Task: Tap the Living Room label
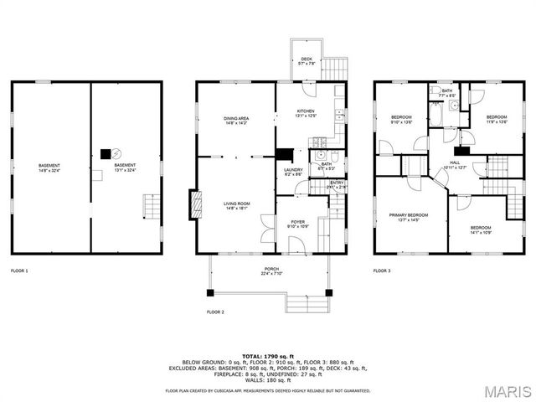[x=236, y=205]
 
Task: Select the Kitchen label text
[x=306, y=113]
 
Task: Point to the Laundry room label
[x=293, y=172]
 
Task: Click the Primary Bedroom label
[x=409, y=217]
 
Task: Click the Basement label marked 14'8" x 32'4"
[x=49, y=167]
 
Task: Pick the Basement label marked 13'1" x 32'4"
[x=125, y=167]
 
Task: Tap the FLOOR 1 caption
[x=19, y=271]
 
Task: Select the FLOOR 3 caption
[x=382, y=271]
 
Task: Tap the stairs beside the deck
[x=333, y=66]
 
